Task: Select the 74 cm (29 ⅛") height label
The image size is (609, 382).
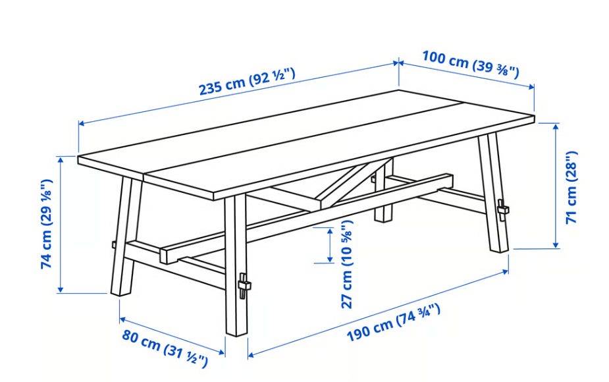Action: click(46, 223)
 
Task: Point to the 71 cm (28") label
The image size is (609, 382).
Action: click(571, 187)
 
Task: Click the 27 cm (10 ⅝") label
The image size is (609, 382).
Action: click(346, 264)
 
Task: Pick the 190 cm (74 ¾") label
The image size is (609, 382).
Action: click(394, 323)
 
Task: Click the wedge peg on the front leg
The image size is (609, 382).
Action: click(244, 285)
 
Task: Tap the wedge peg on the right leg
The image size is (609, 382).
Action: click(502, 210)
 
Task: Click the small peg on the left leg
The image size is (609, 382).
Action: click(114, 244)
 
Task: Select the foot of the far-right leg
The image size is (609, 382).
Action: click(499, 249)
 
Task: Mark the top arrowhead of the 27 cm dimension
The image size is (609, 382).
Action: click(330, 231)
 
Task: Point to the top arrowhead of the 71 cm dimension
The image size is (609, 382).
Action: click(556, 126)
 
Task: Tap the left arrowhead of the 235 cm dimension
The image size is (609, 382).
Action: click(82, 124)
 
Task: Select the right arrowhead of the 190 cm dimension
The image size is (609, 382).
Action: click(505, 271)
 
